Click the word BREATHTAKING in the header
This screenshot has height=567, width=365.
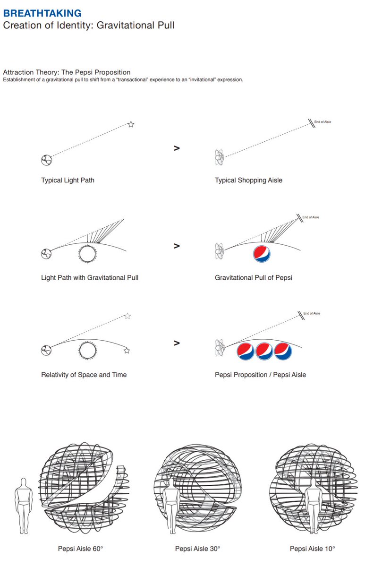(x=42, y=13)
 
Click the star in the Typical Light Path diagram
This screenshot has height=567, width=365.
(x=131, y=124)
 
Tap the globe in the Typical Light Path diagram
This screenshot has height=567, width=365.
(x=46, y=160)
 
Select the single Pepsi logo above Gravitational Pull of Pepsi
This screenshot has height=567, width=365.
(x=262, y=254)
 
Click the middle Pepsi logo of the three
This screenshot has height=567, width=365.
(x=264, y=351)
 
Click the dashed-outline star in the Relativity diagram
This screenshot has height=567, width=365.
(x=127, y=316)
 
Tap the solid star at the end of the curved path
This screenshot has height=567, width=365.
(x=127, y=351)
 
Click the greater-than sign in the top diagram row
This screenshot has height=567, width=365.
(x=177, y=148)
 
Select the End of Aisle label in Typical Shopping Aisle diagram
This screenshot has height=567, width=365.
(x=323, y=122)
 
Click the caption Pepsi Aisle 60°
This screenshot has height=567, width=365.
(x=80, y=549)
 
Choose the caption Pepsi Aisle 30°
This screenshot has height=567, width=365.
(x=197, y=549)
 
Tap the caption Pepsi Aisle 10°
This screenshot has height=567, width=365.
(x=313, y=549)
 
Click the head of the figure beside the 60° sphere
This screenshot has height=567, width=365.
(x=24, y=483)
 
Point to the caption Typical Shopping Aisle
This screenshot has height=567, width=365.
(x=248, y=180)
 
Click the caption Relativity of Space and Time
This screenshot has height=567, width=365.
(x=84, y=375)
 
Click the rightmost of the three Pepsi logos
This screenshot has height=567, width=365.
(x=283, y=351)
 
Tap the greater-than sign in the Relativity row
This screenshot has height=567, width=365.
(x=177, y=343)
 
